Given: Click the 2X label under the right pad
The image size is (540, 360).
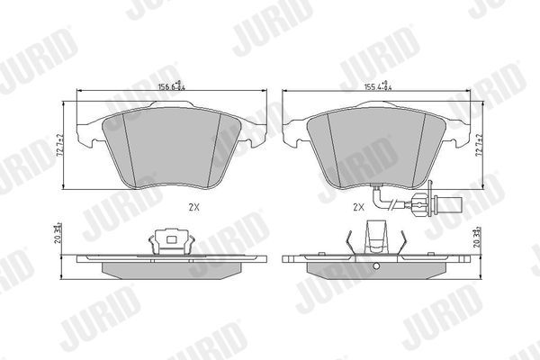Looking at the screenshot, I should [x=358, y=206].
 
